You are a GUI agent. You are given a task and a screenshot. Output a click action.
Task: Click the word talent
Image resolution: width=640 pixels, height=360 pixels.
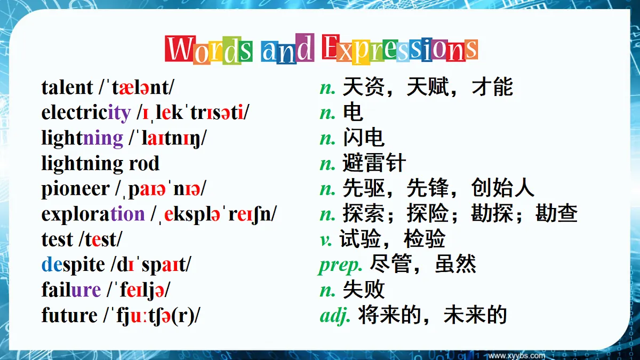tap(67, 87)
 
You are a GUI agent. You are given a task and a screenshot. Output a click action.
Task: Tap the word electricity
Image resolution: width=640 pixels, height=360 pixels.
tap(86, 113)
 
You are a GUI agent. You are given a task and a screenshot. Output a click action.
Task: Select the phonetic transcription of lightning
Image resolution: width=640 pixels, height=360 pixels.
tap(167, 138)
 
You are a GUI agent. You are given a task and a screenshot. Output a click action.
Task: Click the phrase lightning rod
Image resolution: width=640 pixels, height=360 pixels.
tap(100, 164)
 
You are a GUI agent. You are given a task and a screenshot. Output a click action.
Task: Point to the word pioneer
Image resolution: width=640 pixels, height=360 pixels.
tap(75, 189)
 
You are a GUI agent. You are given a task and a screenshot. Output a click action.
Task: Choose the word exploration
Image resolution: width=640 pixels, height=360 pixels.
tap(93, 214)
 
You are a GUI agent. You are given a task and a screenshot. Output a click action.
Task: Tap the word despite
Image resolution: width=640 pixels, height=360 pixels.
tap(73, 265)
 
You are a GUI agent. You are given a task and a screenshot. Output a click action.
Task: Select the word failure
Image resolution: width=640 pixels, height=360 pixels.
tap(71, 290)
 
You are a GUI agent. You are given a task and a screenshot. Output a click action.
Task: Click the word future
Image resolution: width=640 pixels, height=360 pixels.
tap(69, 315)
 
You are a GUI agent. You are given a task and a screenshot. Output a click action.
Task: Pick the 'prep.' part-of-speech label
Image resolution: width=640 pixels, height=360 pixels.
tap(341, 265)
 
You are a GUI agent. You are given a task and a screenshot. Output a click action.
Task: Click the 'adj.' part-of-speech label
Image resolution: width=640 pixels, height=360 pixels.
tap(335, 315)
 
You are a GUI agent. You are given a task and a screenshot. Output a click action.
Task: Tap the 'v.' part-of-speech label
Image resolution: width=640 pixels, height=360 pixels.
tap(325, 239)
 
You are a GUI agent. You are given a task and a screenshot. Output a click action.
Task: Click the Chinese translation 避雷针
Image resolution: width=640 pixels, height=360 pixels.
tap(374, 163)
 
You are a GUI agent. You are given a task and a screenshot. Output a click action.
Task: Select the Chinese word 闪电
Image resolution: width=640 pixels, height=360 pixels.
tap(363, 138)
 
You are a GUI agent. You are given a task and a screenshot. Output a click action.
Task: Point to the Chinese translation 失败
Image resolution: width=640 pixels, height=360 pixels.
tap(363, 290)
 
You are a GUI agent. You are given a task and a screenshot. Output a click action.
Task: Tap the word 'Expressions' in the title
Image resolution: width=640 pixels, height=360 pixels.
tap(400, 50)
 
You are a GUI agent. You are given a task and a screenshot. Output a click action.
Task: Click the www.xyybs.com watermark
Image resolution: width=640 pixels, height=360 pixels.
tap(517, 355)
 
